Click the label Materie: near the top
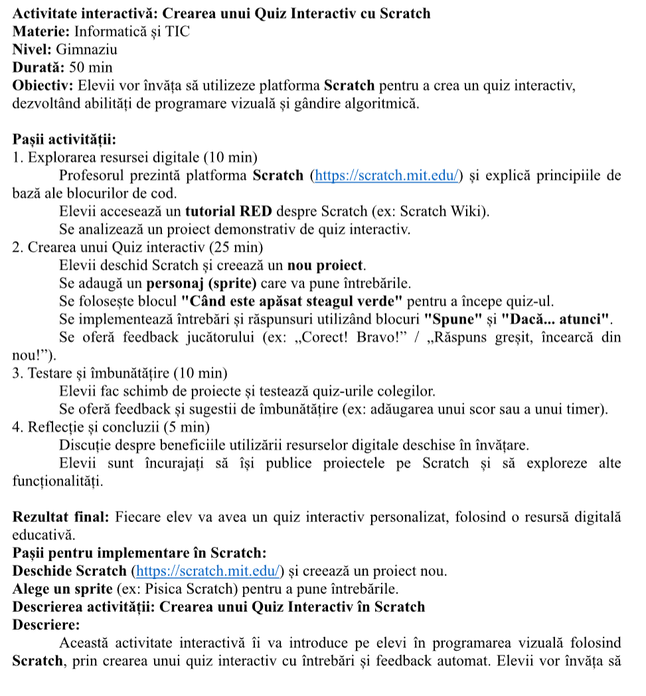(41, 31)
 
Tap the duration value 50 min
(90, 67)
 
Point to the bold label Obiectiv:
(44, 86)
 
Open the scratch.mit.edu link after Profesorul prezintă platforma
(387, 176)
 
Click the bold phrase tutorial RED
(228, 212)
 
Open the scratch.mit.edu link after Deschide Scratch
(208, 570)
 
